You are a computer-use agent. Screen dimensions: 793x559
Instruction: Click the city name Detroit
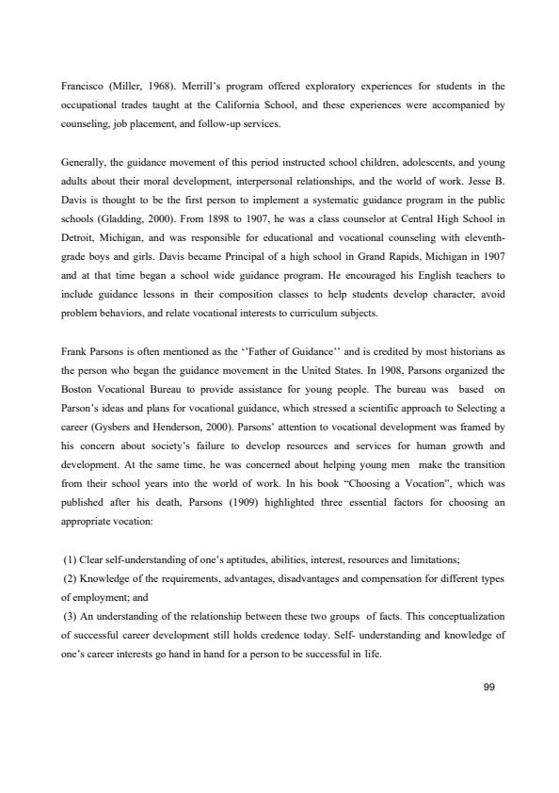(76, 219)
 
